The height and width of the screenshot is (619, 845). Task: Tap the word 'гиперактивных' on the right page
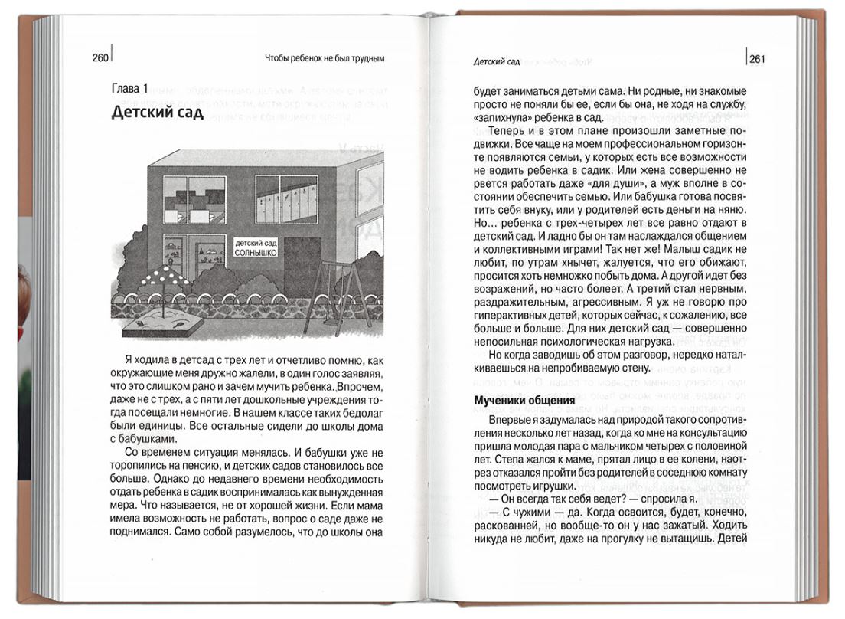pos(511,315)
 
